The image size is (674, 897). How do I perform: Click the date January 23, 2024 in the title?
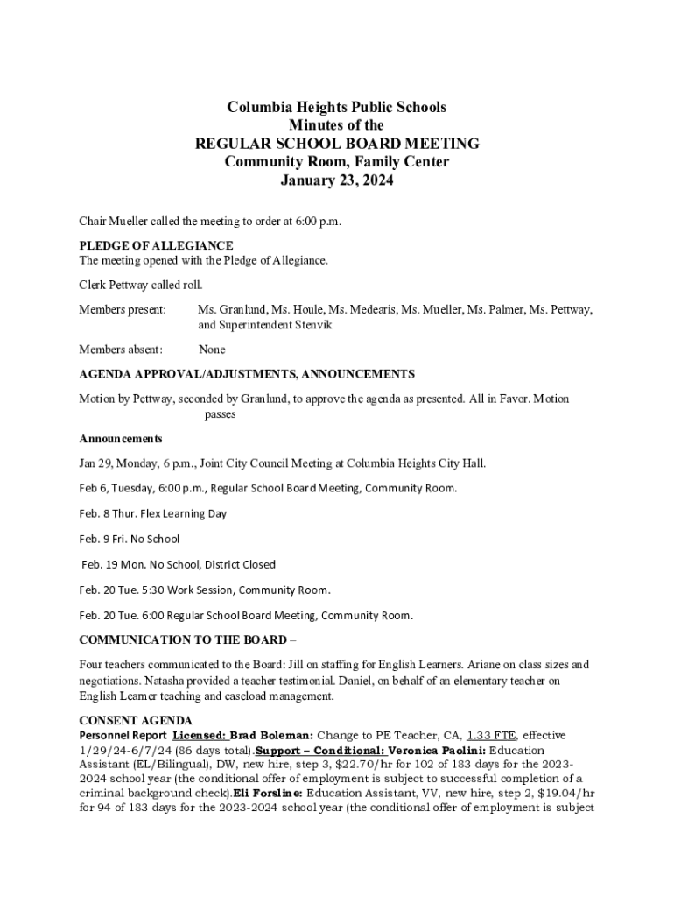[x=336, y=181]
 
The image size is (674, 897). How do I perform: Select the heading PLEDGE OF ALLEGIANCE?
[x=156, y=246]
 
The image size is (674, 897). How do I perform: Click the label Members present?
[x=123, y=310]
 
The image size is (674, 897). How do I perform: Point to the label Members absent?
[x=121, y=350]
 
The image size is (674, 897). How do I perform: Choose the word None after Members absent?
[x=212, y=350]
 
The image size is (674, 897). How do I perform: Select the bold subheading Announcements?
[x=121, y=438]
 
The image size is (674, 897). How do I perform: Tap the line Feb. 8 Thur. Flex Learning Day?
[x=153, y=513]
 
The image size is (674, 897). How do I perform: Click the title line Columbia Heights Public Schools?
[x=336, y=108]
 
